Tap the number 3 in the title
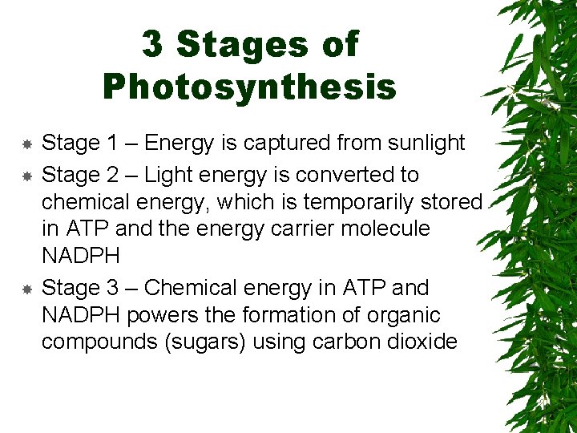point(152,44)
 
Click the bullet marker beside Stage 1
point(26,144)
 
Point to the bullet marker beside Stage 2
point(26,176)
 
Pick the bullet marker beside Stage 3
point(26,289)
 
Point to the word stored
point(451,201)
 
